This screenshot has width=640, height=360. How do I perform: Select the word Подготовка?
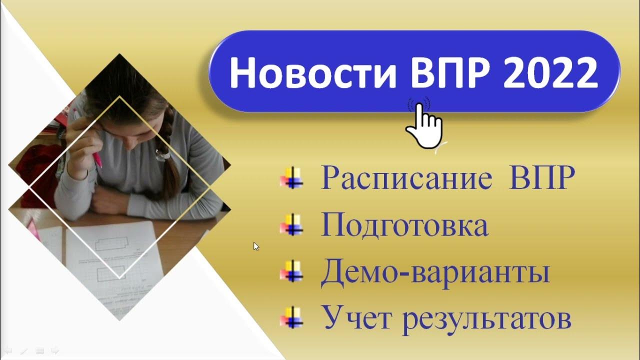(404, 225)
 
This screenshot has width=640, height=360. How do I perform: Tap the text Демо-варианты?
(435, 272)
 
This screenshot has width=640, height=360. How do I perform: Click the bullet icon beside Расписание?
(292, 178)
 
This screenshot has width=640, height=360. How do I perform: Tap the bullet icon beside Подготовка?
(292, 225)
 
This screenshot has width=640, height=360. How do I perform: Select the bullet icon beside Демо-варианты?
(292, 272)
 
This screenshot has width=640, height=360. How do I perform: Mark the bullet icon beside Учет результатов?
(292, 318)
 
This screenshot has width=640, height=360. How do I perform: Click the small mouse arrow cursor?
(256, 246)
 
